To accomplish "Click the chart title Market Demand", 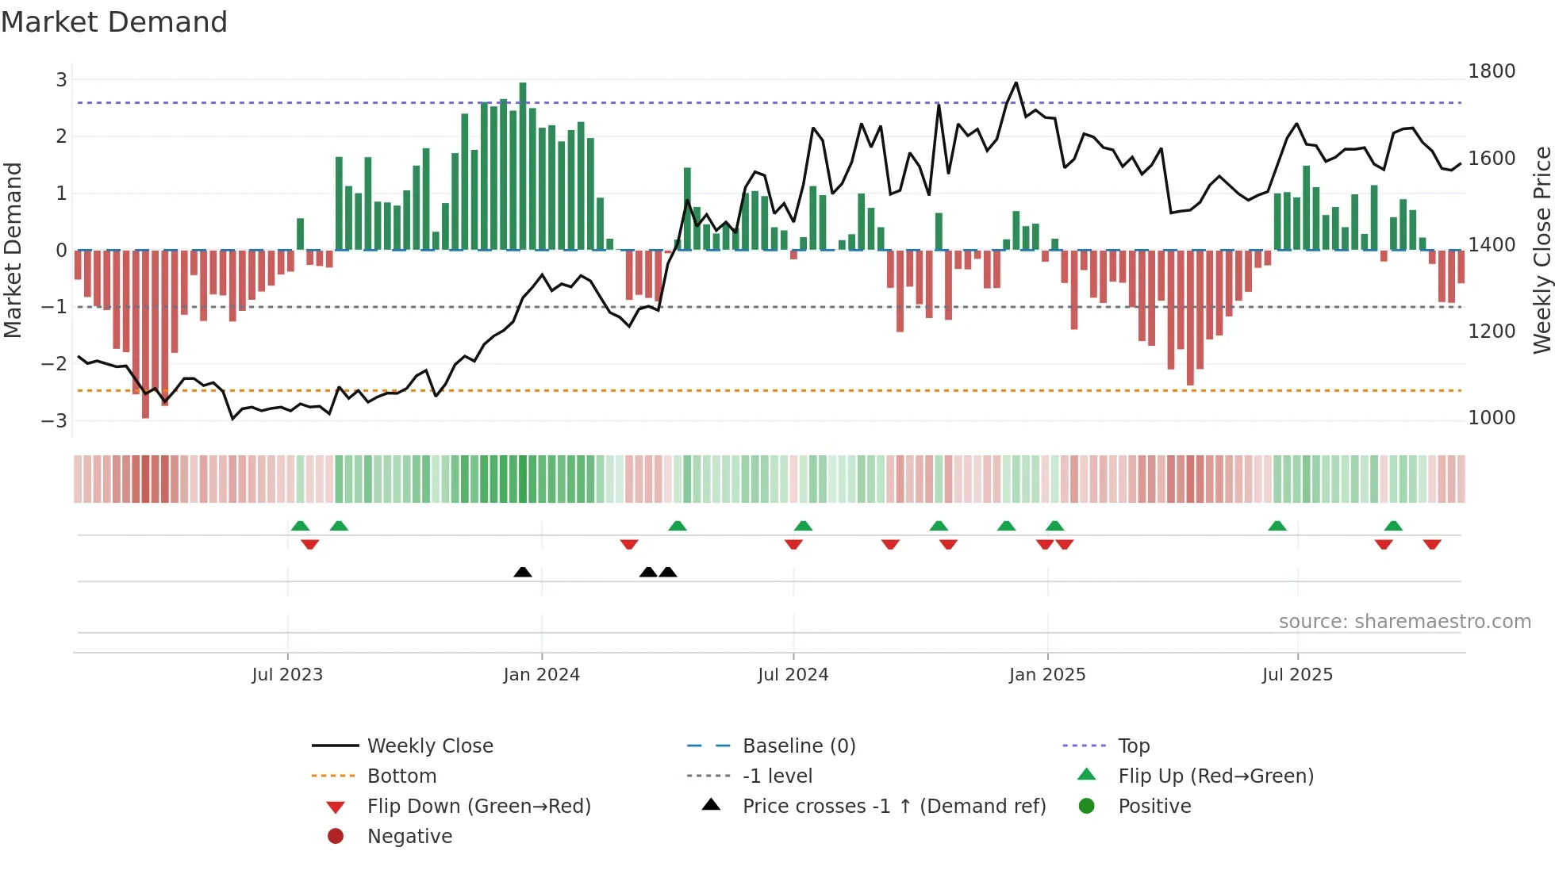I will tap(114, 21).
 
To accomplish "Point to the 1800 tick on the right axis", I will tap(1491, 71).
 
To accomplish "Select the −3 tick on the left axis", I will tap(55, 420).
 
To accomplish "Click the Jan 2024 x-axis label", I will tap(541, 675).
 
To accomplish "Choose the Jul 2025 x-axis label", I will tap(1297, 675).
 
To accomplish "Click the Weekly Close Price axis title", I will tap(1542, 250).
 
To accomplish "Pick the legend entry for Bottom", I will tap(401, 776).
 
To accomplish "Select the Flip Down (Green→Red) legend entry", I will tap(478, 806).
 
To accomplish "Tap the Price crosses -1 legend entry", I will tap(893, 806).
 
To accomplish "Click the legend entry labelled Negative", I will tap(409, 836).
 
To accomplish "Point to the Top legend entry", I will tap(1133, 746).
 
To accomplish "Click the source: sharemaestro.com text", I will tap(1404, 622).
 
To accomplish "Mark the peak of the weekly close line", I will tap(1016, 82).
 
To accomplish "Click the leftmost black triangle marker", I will tap(523, 572).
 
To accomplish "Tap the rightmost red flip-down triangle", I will tap(1432, 544).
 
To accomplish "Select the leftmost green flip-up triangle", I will tap(300, 526).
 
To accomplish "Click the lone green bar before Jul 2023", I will tap(300, 234).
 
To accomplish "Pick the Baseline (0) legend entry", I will tap(798, 746).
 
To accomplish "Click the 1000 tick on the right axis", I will tap(1491, 418).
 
